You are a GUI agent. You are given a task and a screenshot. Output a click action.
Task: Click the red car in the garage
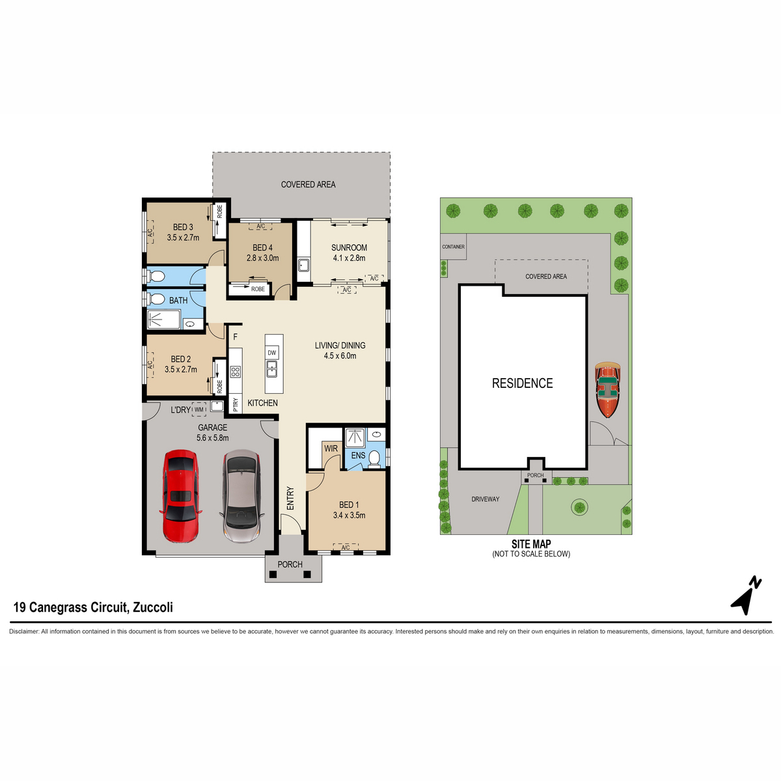pos(180,496)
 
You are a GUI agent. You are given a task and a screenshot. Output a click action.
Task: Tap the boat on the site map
pos(609,390)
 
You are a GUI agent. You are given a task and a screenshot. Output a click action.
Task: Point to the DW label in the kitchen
pos(272,353)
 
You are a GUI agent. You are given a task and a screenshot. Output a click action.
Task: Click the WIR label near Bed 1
pos(331,448)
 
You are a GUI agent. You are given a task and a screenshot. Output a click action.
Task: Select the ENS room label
pos(358,456)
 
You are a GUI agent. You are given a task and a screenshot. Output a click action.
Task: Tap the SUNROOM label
pos(349,248)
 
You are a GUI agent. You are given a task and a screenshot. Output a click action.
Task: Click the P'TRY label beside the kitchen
pos(236,405)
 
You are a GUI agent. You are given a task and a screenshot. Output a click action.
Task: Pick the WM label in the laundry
pos(199,409)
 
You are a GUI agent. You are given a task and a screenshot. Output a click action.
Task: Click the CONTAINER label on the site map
pos(453,247)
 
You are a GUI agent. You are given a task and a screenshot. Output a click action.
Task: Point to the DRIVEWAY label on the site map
pos(486,499)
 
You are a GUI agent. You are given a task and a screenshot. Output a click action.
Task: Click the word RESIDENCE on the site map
pos(522,383)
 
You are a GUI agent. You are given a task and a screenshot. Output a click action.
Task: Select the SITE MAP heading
pos(531,544)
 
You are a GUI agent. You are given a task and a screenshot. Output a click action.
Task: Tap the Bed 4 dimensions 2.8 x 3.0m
pos(262,258)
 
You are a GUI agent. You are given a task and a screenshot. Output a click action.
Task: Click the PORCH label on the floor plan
pos(290,564)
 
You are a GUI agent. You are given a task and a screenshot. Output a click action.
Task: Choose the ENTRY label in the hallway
pos(290,498)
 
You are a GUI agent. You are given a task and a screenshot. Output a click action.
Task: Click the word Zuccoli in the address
pos(153,607)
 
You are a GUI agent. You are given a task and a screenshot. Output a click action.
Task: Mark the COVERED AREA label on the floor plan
pos(308,185)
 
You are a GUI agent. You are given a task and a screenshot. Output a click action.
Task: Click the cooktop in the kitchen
pos(235,372)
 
